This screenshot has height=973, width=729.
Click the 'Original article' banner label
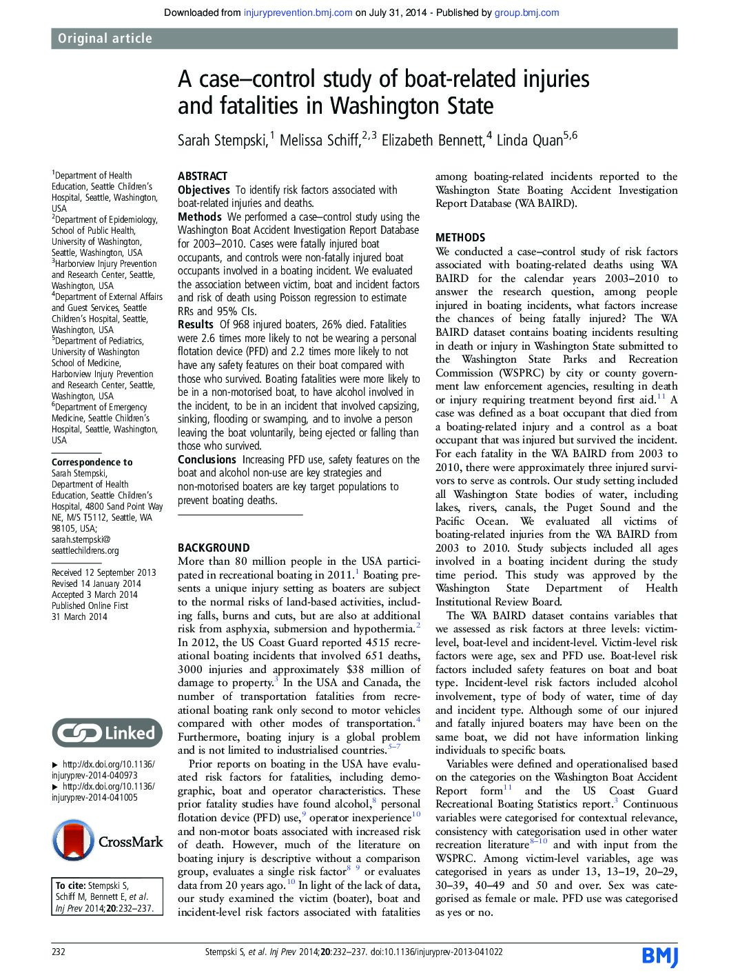[x=105, y=39]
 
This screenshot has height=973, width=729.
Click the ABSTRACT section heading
[x=202, y=176]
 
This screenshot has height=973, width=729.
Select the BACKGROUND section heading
[x=214, y=548]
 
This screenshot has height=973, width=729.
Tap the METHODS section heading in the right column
[x=460, y=237]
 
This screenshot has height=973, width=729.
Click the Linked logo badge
[x=107, y=733]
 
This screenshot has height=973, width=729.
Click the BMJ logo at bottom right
[x=659, y=955]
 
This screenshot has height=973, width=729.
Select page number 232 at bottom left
[x=59, y=952]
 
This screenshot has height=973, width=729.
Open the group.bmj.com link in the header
[x=526, y=12]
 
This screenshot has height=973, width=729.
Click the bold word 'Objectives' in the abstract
[x=204, y=190]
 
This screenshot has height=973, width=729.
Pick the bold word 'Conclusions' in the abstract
[x=207, y=459]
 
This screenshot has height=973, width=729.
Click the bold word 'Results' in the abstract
[x=196, y=324]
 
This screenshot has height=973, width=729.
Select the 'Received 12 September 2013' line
[x=104, y=572]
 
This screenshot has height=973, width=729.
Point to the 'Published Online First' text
[x=90, y=605]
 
